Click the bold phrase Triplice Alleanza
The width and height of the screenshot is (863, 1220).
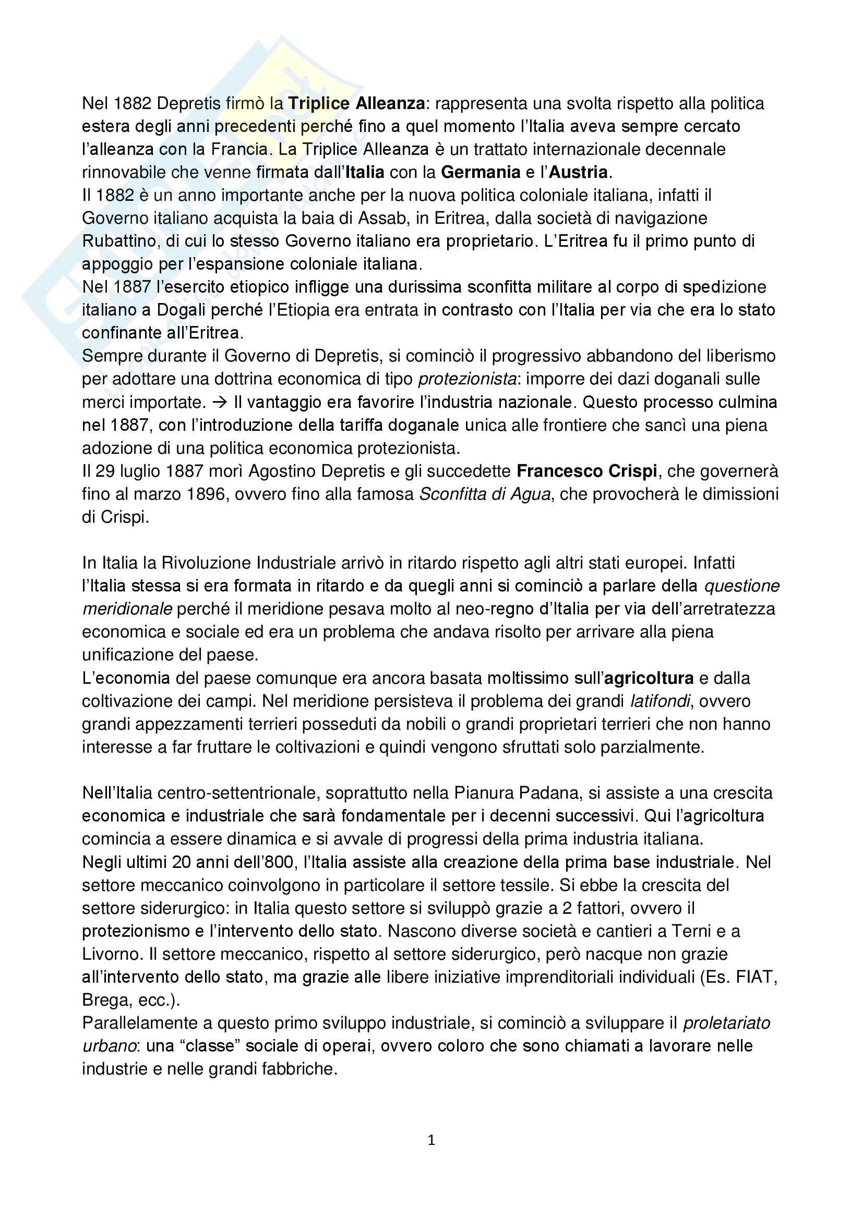[356, 103]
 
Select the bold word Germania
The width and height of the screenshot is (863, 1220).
[481, 172]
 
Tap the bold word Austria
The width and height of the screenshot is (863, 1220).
[578, 172]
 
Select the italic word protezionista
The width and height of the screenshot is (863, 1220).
[467, 379]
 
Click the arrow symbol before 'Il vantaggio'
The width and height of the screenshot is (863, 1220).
[220, 402]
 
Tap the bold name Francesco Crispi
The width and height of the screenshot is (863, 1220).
[586, 471]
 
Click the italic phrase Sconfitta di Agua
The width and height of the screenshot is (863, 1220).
[485, 494]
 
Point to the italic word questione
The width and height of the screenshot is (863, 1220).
[741, 586]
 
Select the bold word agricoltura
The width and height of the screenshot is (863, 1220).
[649, 678]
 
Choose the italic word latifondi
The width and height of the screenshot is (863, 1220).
[660, 701]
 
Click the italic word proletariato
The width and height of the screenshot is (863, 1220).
[726, 1023]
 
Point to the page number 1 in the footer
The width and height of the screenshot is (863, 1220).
[431, 1140]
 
